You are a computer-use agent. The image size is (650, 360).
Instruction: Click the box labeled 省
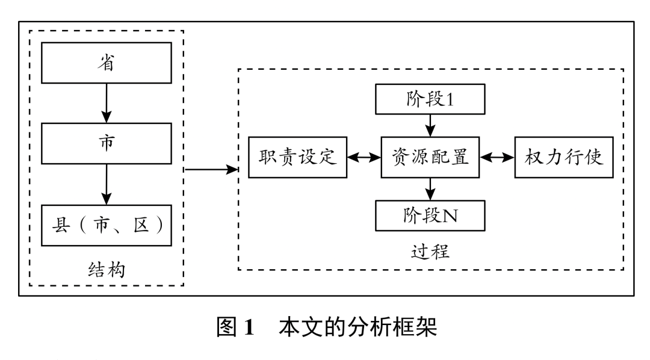point(107,63)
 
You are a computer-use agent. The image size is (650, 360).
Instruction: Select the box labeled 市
point(107,143)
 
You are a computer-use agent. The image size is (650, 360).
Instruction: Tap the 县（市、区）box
point(107,225)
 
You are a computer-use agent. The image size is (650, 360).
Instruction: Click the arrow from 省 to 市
point(107,102)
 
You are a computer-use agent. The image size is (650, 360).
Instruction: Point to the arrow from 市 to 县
point(107,184)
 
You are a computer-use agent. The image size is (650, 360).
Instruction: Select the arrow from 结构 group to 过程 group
point(211,170)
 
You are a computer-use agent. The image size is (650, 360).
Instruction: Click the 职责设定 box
point(298,158)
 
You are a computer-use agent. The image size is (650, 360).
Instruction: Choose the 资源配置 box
point(430,158)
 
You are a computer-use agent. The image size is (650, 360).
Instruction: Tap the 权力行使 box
point(563,158)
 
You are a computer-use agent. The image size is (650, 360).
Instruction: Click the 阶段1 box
point(430,99)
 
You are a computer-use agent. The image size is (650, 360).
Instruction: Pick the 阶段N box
point(430,216)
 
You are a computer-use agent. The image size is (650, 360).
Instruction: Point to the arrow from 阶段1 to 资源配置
point(430,126)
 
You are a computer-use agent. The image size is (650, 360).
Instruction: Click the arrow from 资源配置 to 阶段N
point(430,190)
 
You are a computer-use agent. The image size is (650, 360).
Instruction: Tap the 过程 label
point(430,249)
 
